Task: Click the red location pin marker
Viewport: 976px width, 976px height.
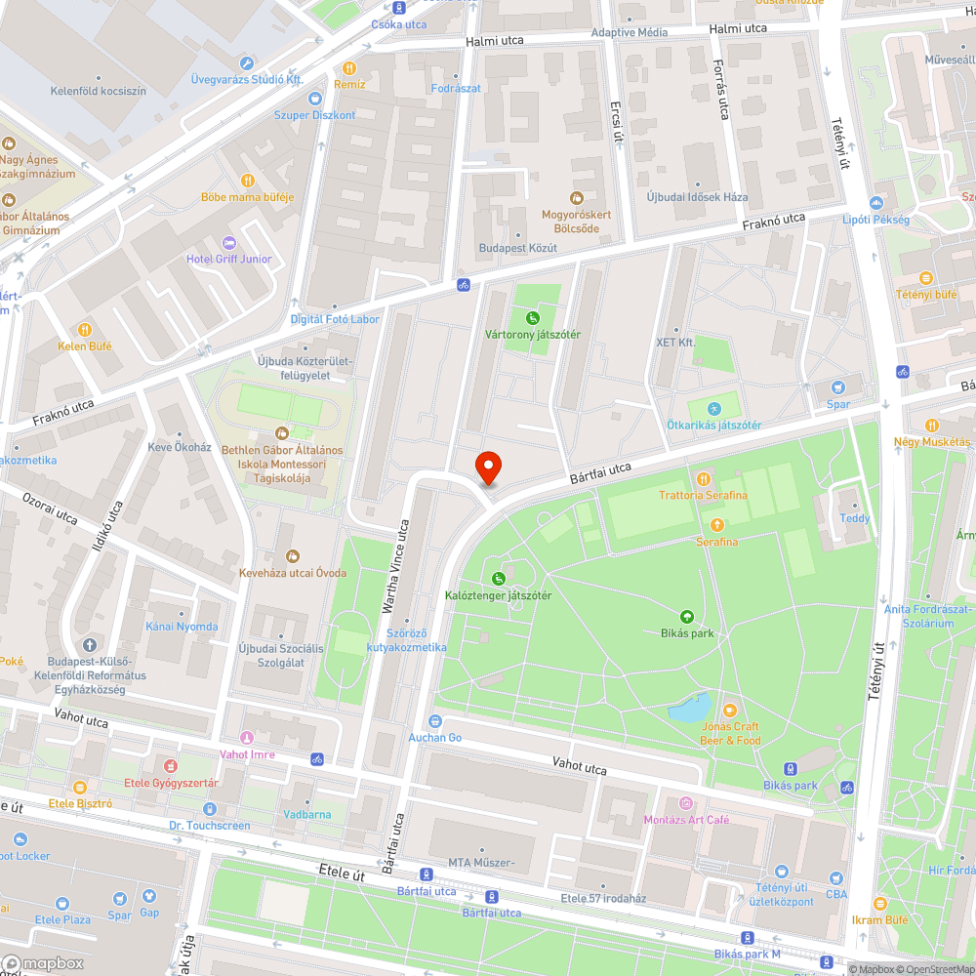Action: pyautogui.click(x=487, y=468)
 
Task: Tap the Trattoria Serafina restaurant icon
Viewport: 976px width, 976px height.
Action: pyautogui.click(x=703, y=478)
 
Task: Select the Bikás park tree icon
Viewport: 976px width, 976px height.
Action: pyautogui.click(x=687, y=616)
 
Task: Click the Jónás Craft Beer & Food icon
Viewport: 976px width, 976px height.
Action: pyautogui.click(x=730, y=710)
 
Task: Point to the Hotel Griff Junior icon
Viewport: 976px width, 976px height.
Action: pyautogui.click(x=229, y=242)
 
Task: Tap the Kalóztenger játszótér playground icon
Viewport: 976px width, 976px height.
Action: pyautogui.click(x=499, y=578)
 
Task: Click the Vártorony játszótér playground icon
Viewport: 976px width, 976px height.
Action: pyautogui.click(x=533, y=317)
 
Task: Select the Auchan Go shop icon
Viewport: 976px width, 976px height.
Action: pyautogui.click(x=435, y=720)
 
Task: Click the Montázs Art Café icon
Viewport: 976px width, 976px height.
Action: pyautogui.click(x=686, y=803)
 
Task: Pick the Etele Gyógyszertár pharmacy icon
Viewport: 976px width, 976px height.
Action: pyautogui.click(x=171, y=766)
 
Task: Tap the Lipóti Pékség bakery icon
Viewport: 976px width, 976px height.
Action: pyautogui.click(x=875, y=203)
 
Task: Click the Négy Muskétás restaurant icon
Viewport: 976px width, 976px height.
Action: pyautogui.click(x=931, y=425)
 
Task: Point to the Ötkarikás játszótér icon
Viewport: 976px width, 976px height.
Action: pyautogui.click(x=713, y=408)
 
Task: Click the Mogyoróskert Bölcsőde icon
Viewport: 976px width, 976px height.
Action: pyautogui.click(x=576, y=197)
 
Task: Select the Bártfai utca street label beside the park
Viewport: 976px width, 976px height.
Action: pyautogui.click(x=599, y=474)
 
